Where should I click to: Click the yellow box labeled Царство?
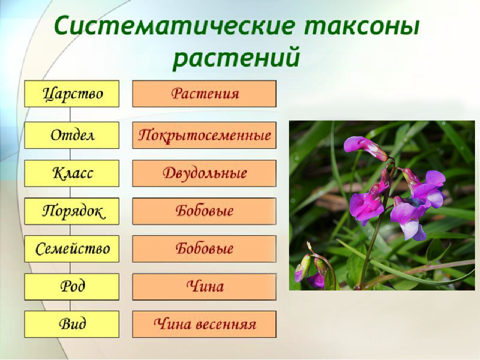(x=71, y=93)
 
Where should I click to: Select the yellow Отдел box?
(x=71, y=135)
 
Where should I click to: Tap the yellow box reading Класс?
(x=71, y=173)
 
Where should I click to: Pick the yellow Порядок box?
(x=71, y=211)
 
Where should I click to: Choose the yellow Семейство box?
(x=71, y=249)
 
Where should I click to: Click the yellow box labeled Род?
(x=71, y=287)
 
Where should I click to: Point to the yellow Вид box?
(x=71, y=324)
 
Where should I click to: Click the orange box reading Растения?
(x=204, y=93)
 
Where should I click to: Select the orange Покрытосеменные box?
(x=204, y=135)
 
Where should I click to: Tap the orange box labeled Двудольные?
(x=204, y=173)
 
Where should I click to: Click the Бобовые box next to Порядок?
(x=204, y=211)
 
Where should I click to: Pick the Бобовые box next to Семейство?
(x=204, y=249)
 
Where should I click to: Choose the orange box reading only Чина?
(x=204, y=287)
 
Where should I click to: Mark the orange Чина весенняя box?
(x=204, y=324)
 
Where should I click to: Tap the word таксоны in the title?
(x=362, y=27)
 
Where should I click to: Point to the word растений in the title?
(x=236, y=57)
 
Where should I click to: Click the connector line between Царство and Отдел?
(x=70, y=114)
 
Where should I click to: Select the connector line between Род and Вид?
(x=70, y=305)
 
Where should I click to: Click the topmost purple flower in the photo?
(x=365, y=147)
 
